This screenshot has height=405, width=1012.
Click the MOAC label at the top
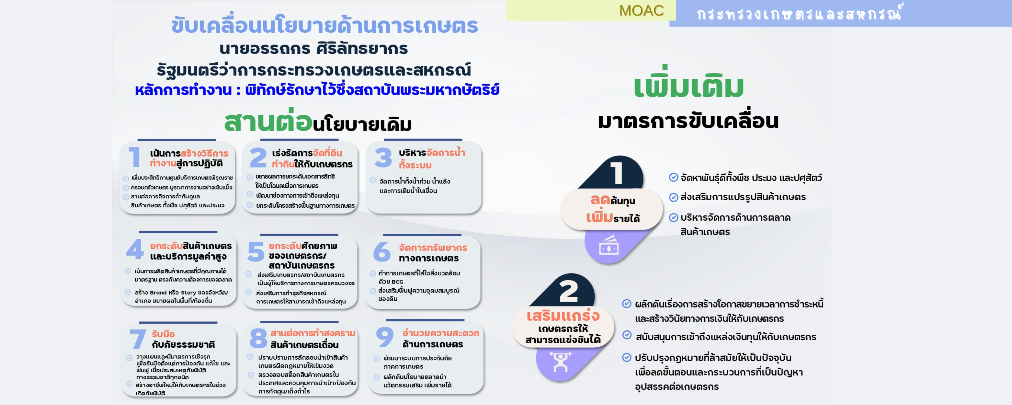point(641,11)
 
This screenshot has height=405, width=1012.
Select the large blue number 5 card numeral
point(256,252)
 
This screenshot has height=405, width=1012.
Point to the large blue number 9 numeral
point(385,337)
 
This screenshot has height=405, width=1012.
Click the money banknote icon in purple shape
point(609,245)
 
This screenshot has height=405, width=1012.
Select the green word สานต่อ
point(268,121)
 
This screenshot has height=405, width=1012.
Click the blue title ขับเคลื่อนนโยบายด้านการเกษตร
point(324,25)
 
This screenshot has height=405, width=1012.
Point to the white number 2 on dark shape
point(568,291)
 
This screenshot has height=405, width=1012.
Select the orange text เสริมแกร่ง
point(563,315)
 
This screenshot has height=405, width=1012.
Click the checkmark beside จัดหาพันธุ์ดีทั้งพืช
point(673,177)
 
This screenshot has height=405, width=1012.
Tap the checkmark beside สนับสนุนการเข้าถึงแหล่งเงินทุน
point(627,335)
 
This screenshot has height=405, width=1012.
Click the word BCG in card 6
point(397,282)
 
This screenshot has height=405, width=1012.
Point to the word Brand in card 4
point(158,293)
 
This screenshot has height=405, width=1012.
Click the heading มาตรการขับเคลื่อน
point(688,121)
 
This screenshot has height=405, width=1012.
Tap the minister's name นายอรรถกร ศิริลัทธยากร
point(313,48)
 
